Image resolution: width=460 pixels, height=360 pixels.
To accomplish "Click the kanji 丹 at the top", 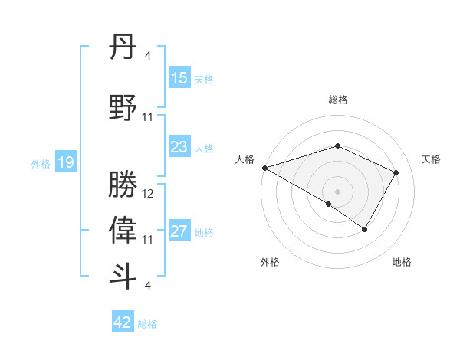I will [123, 50].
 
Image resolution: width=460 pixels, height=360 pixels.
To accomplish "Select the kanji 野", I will [123, 106].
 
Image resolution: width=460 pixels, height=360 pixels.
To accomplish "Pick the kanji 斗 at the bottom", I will [123, 276].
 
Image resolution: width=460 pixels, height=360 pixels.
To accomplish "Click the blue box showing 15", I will [179, 78].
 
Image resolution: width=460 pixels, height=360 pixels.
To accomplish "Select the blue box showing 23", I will [179, 147].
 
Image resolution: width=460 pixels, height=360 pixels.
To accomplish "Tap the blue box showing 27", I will [179, 231].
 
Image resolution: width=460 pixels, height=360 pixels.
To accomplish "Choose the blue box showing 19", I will [66, 162].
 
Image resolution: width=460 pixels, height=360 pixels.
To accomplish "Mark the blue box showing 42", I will [123, 322].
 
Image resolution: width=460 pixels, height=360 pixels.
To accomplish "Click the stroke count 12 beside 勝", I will [148, 195].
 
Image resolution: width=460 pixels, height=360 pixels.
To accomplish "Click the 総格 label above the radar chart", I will [337, 100].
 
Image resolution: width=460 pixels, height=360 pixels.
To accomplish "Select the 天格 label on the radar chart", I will [431, 159].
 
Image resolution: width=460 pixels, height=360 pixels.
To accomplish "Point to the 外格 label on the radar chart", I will [270, 262].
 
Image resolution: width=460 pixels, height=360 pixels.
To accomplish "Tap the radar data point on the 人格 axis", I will [264, 167].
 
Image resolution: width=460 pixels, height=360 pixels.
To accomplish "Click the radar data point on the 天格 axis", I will [396, 172].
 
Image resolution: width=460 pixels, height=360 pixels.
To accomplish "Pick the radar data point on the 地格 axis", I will [365, 229].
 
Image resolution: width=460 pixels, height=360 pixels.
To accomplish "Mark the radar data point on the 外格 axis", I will [329, 204].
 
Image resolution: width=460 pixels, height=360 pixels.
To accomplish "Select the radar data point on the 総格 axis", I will [337, 146].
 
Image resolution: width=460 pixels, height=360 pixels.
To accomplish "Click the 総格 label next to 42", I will [147, 324].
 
